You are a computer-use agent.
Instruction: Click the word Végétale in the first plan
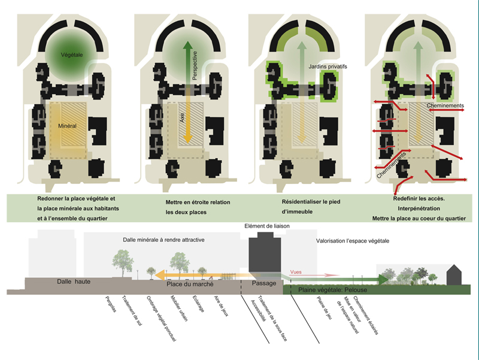pos(72,55)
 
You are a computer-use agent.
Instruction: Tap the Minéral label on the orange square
pos(70,126)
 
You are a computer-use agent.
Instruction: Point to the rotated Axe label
pos(182,122)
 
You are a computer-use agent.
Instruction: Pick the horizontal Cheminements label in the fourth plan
pos(445,106)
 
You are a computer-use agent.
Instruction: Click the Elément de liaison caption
pos(263,226)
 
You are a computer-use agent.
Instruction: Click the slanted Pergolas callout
pos(109,305)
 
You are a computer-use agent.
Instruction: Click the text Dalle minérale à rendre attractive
pos(163,240)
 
